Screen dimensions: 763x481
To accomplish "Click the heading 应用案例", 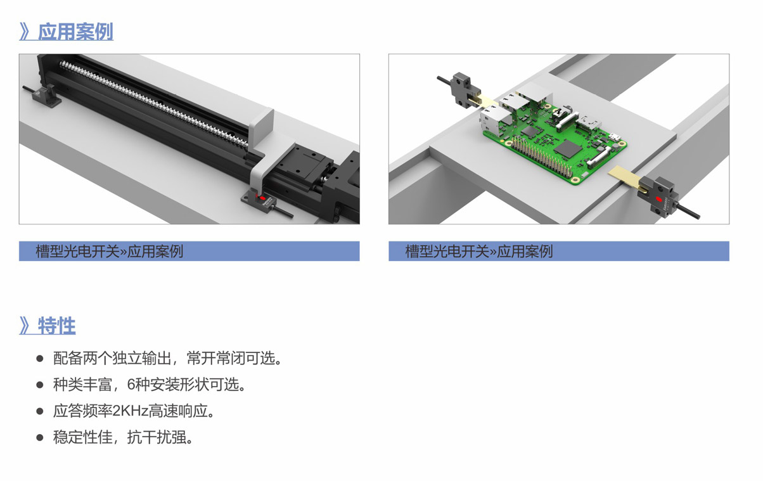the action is (x=75, y=32).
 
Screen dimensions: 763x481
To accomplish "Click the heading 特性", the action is (x=56, y=326).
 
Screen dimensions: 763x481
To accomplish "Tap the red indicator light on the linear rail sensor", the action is (x=262, y=198).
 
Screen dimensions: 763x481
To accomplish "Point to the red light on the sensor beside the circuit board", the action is (x=659, y=200).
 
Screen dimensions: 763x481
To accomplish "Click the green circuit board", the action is (x=555, y=143).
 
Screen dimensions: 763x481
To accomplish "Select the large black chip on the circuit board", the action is (x=567, y=149).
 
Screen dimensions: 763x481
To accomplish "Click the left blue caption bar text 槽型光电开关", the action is (x=78, y=252).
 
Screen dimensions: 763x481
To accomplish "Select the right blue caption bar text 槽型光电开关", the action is (x=447, y=252).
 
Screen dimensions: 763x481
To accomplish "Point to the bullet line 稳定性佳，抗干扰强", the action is (x=124, y=437).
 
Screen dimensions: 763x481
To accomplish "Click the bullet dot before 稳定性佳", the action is (x=40, y=437).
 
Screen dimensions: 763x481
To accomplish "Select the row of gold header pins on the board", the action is (x=542, y=157).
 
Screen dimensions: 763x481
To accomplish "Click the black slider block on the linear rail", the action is (x=303, y=167).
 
